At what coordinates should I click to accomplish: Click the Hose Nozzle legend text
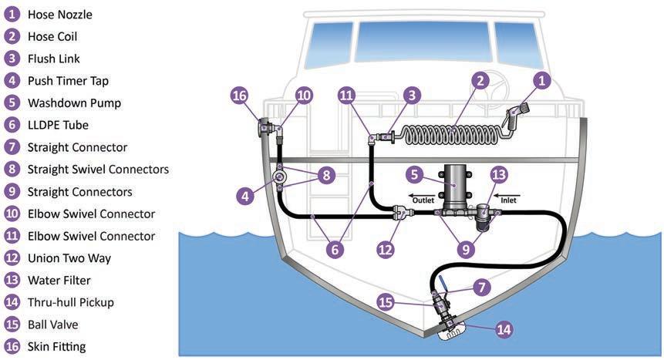pyautogui.click(x=59, y=14)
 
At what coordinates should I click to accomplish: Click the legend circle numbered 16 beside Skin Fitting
pyautogui.click(x=12, y=346)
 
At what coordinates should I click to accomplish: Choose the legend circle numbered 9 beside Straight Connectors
pyautogui.click(x=12, y=191)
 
